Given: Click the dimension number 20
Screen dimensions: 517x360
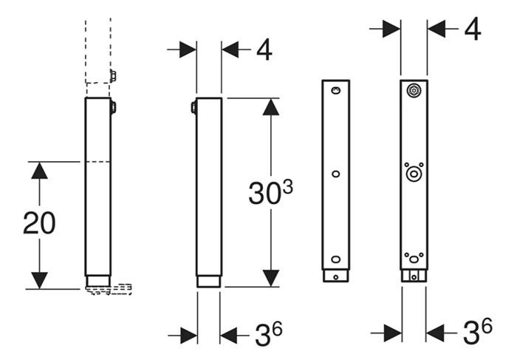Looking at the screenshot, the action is [39, 223].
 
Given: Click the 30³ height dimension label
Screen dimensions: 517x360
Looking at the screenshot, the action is [270, 192].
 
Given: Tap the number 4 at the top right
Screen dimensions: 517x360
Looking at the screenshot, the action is [473, 29].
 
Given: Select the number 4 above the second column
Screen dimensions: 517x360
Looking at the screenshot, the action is [264, 50].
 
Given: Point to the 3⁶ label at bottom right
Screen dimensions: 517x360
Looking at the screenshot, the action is [478, 332].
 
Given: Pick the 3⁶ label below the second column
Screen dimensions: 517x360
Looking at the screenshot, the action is [269, 334].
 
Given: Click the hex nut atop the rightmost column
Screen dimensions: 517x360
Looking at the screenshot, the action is [414, 90].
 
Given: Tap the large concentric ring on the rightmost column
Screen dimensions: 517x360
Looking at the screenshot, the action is [414, 174].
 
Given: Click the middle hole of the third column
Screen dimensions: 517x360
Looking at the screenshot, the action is [335, 174].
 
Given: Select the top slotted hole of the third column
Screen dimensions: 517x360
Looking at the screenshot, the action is [335, 90].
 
